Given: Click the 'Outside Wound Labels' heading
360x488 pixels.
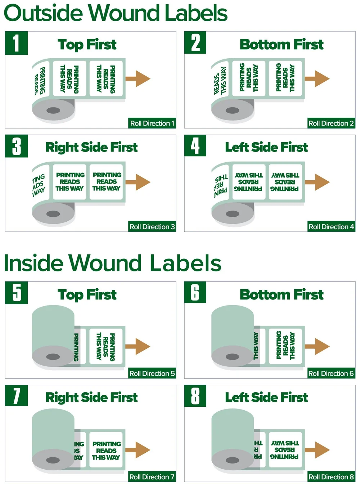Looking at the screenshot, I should click(x=115, y=13).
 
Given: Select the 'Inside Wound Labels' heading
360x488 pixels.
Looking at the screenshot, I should click(x=112, y=263).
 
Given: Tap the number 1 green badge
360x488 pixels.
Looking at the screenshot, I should click(x=16, y=43).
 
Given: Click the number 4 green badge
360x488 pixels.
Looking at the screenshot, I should click(x=195, y=146).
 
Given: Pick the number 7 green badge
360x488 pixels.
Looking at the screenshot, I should click(x=16, y=396).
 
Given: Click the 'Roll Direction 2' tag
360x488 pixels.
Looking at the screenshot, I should click(x=331, y=123).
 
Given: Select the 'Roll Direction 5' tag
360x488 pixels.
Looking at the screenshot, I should click(x=152, y=373).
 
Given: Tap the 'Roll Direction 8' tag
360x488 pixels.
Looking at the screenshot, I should click(x=331, y=477).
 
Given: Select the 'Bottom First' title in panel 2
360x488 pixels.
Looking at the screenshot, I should click(x=282, y=45).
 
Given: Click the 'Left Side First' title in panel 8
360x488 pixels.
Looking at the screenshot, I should click(x=266, y=397).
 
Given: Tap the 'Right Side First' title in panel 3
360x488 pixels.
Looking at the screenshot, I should click(x=91, y=147).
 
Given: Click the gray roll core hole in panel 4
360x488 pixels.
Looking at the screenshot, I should click(x=233, y=214).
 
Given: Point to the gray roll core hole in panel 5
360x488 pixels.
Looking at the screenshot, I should click(x=53, y=357).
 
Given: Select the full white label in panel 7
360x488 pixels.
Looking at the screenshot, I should click(x=106, y=451).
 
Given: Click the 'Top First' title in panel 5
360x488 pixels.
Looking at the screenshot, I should click(x=87, y=295).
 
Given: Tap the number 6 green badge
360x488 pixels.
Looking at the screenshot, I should click(x=195, y=292).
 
